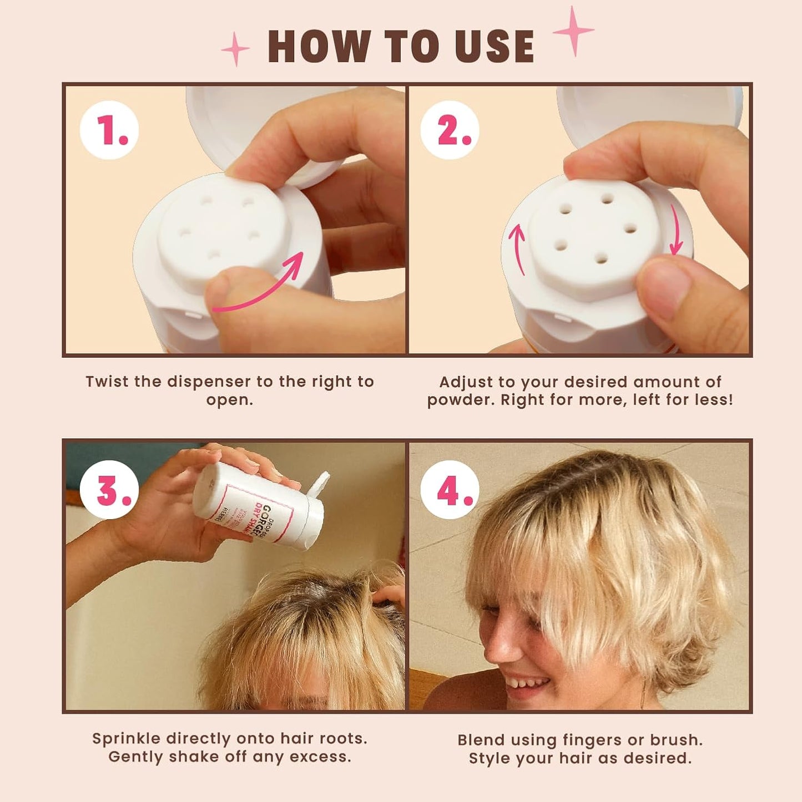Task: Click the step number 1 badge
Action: coord(109,130)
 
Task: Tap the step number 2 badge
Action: coord(450,130)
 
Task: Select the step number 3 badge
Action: coord(109,490)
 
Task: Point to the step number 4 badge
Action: coord(450,490)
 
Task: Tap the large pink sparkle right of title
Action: coord(573,31)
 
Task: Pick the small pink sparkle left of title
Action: coord(235,49)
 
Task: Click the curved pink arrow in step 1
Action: coord(261,286)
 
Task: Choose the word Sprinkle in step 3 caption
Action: coord(127,739)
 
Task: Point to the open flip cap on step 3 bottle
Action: coord(318,484)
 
